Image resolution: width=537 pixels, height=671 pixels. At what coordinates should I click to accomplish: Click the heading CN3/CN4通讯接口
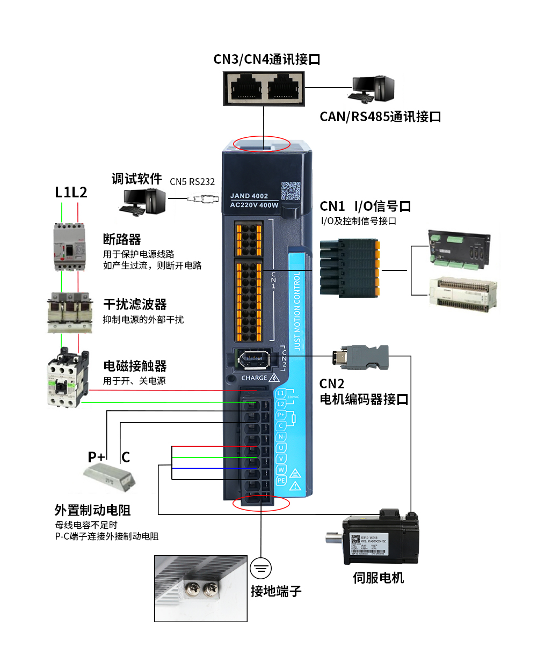tap(267, 59)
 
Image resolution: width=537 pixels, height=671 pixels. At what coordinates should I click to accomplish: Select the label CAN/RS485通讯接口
tap(380, 116)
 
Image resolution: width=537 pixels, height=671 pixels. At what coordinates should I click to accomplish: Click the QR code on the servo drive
tap(291, 190)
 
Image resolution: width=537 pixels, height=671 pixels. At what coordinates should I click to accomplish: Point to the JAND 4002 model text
tap(249, 196)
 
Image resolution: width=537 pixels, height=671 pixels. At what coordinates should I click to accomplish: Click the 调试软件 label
tap(136, 179)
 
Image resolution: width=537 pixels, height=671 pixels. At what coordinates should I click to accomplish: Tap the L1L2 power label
tap(71, 192)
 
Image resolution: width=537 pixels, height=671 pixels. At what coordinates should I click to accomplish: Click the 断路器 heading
tap(122, 239)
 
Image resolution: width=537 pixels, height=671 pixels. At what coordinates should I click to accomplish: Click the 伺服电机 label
tap(378, 578)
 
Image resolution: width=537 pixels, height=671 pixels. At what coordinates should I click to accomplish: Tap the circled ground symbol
tap(261, 568)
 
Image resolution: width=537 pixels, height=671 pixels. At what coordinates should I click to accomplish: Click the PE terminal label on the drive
tap(281, 481)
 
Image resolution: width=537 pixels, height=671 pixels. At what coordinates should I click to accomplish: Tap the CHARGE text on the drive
tap(254, 378)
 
